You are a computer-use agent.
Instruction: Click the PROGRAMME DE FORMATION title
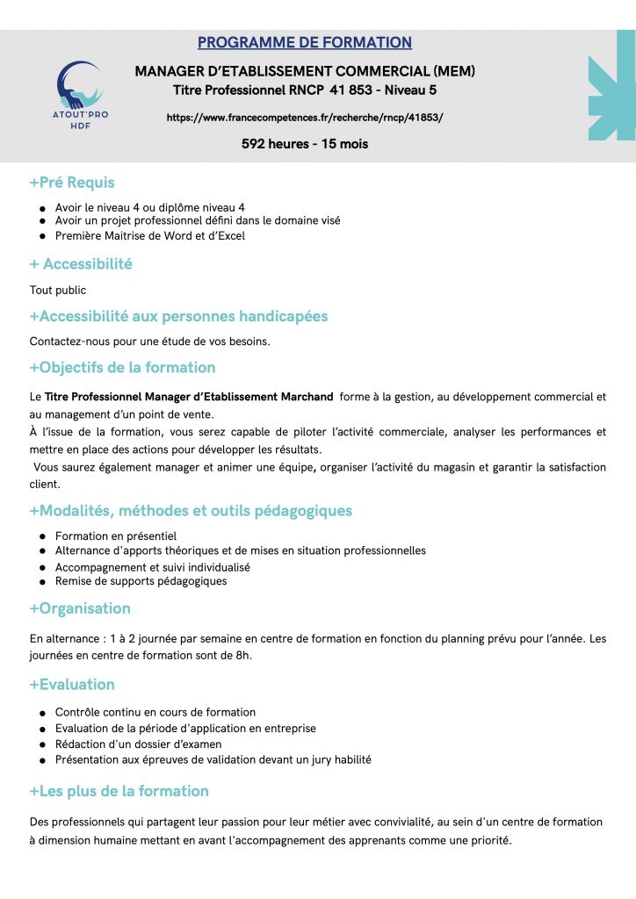click(x=305, y=42)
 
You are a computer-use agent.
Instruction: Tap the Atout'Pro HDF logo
click(x=80, y=94)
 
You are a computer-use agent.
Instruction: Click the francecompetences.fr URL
click(x=305, y=117)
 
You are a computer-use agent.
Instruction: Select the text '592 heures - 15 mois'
click(x=305, y=144)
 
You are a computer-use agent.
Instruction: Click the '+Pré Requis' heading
click(x=72, y=183)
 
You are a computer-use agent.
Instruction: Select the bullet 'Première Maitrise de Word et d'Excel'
click(x=149, y=235)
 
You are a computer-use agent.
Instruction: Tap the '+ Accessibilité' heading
click(x=81, y=263)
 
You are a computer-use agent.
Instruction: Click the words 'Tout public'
click(x=58, y=290)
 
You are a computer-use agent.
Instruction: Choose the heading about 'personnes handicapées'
click(x=178, y=315)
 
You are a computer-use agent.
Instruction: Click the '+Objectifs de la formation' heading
click(x=122, y=367)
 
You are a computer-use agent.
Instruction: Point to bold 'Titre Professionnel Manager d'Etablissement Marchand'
click(x=189, y=397)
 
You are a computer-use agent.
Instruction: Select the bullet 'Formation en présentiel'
click(x=115, y=536)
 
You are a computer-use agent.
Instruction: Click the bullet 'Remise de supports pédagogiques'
click(x=141, y=581)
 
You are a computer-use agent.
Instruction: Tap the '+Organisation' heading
click(x=80, y=608)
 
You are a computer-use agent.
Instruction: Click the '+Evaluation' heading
click(x=72, y=684)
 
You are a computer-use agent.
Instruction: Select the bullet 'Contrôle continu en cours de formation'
click(x=155, y=712)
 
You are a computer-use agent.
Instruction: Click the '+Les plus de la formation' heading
click(x=119, y=791)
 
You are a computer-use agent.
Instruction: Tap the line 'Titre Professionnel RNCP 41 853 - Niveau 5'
click(x=305, y=90)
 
